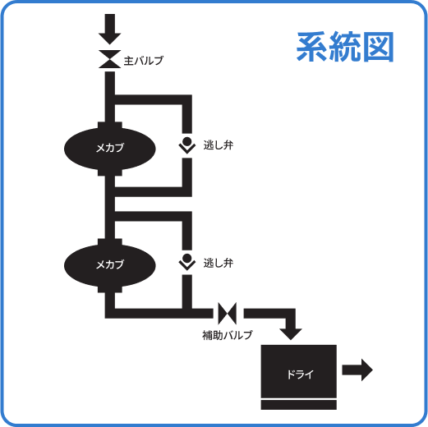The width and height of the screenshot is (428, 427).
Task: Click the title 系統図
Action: [x=345, y=47]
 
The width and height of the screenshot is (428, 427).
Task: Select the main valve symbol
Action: [x=109, y=61]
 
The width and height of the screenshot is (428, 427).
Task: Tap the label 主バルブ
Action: [x=143, y=61]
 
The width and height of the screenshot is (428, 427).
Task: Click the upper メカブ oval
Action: [x=109, y=147]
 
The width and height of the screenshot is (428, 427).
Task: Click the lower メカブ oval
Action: [x=109, y=264]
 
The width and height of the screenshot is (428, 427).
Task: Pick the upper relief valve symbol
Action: [x=187, y=145]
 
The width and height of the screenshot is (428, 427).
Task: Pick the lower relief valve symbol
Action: [x=187, y=262]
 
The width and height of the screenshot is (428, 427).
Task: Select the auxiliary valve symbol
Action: [x=228, y=312]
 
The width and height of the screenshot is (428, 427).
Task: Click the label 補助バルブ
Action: [x=227, y=335]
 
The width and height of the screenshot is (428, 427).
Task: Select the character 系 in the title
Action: [x=312, y=47]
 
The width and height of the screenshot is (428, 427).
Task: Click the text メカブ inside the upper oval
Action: [x=109, y=148]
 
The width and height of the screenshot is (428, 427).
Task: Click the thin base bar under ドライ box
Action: [x=299, y=404]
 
